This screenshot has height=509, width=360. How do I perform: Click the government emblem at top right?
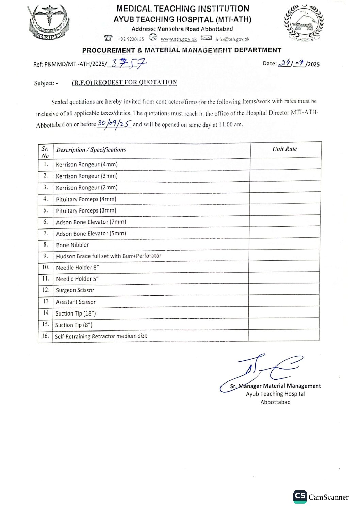click(x=304, y=23)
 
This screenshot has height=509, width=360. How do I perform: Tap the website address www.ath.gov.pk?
click(x=179, y=39)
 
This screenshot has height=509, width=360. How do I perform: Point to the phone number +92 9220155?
click(x=131, y=39)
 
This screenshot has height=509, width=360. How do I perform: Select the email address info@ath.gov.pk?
click(x=233, y=39)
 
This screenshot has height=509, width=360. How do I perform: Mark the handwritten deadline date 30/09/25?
click(x=114, y=124)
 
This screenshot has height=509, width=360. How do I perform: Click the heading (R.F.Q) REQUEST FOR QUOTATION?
click(x=124, y=83)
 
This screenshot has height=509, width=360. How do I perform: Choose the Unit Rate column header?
click(x=284, y=149)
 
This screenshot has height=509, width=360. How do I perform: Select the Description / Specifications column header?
click(x=91, y=150)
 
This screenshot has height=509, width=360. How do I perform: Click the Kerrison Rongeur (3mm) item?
click(x=87, y=176)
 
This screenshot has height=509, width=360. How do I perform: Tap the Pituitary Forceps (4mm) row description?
click(x=86, y=199)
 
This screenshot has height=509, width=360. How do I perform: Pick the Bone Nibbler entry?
click(x=72, y=245)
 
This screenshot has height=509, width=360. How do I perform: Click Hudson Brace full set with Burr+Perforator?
click(x=109, y=256)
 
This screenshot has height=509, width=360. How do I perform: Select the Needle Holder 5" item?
click(x=77, y=279)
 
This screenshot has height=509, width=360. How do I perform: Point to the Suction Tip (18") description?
click(x=76, y=313)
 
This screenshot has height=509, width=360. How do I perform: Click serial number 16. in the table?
click(x=45, y=336)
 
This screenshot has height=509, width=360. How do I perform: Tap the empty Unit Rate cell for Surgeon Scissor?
click(x=284, y=289)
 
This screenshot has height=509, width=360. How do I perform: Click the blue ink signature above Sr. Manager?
click(x=262, y=371)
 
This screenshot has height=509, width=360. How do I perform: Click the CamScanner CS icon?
click(x=300, y=496)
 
